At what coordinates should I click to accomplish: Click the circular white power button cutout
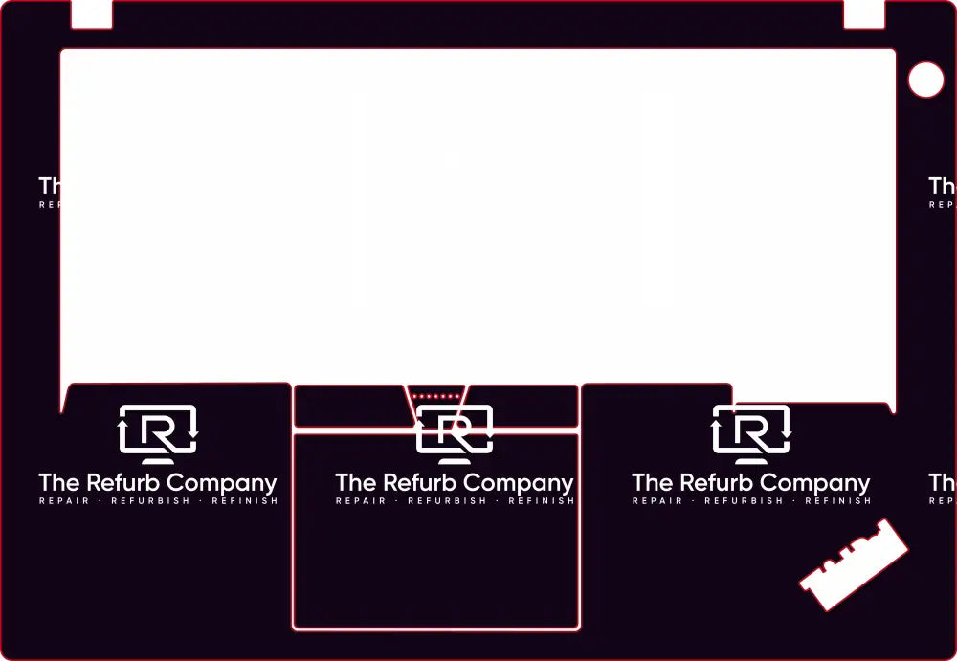point(925,79)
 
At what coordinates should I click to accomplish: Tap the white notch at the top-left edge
point(92,14)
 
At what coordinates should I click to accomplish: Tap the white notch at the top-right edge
point(863,14)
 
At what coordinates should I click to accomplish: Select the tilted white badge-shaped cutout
point(854,565)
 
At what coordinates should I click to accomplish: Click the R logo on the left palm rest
point(158,430)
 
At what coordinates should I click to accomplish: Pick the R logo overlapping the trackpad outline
point(455,430)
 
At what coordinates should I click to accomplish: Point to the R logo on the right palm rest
point(751,430)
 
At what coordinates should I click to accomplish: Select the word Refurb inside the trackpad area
point(421,482)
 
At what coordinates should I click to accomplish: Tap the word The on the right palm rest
point(652,482)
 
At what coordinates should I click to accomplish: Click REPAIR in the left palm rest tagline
point(64,501)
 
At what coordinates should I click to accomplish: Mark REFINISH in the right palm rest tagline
point(837,501)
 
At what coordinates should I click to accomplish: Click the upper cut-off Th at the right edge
point(942,186)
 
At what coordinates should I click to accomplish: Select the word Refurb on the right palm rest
point(718,482)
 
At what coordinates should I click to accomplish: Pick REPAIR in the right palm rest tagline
point(657,501)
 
